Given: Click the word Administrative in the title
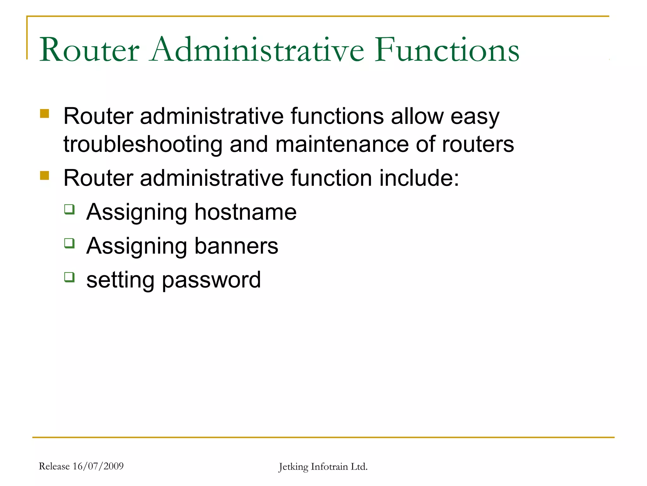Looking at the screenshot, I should (x=257, y=50).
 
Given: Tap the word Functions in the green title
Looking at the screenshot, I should (x=447, y=50).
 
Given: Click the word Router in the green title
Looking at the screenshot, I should (x=89, y=50).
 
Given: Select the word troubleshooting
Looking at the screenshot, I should (x=143, y=145).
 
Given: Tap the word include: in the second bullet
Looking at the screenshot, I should (x=419, y=178).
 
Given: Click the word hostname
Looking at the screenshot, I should (x=245, y=212).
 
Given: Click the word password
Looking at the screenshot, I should (x=211, y=280).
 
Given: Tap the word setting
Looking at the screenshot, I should (x=120, y=280).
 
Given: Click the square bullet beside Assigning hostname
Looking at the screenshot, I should (x=70, y=209).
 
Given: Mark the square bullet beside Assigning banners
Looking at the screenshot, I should (x=70, y=243).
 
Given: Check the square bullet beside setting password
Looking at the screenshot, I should (x=70, y=277).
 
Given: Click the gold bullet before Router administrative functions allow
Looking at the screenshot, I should (x=45, y=114).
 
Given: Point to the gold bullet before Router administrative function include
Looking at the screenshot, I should (x=45, y=175).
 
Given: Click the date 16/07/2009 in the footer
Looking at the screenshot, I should (x=98, y=466).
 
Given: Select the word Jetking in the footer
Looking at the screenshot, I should (x=293, y=467).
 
